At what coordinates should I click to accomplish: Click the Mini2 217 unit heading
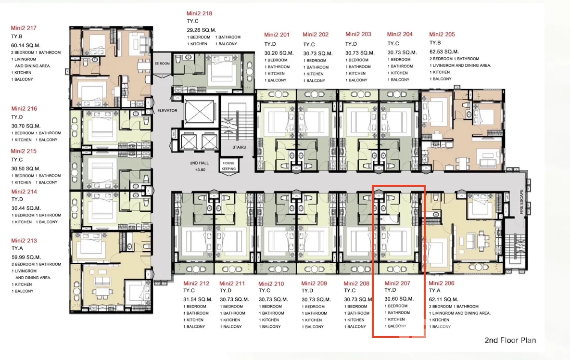pos(24,28)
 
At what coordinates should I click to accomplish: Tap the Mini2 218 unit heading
pos(199,13)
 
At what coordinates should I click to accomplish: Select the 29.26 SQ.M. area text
pos(202,30)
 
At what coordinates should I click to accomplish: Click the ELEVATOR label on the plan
pos(167,111)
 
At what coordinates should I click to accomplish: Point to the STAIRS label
pos(239,147)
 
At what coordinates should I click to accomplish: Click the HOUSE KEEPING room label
pos(228,166)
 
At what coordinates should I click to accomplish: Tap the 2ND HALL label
pos(199,163)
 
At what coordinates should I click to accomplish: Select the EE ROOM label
pos(162,64)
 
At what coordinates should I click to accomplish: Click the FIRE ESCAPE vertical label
pos(521,202)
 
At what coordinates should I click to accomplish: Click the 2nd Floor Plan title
pos(510,340)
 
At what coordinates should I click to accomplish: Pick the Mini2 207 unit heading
pos(397,283)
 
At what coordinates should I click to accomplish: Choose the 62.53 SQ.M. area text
pos(444,51)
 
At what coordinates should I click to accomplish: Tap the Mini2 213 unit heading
pos(24,241)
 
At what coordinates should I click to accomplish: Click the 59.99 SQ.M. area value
pos(26,257)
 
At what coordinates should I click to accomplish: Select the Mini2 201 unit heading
pos(277,35)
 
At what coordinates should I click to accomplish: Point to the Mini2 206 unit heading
pos(441,283)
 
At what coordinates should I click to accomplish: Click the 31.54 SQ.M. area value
pos(198,300)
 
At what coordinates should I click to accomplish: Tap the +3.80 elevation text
pos(200,170)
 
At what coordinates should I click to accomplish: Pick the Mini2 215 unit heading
pos(24,151)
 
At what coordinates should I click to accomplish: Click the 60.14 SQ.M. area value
pos(25,45)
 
